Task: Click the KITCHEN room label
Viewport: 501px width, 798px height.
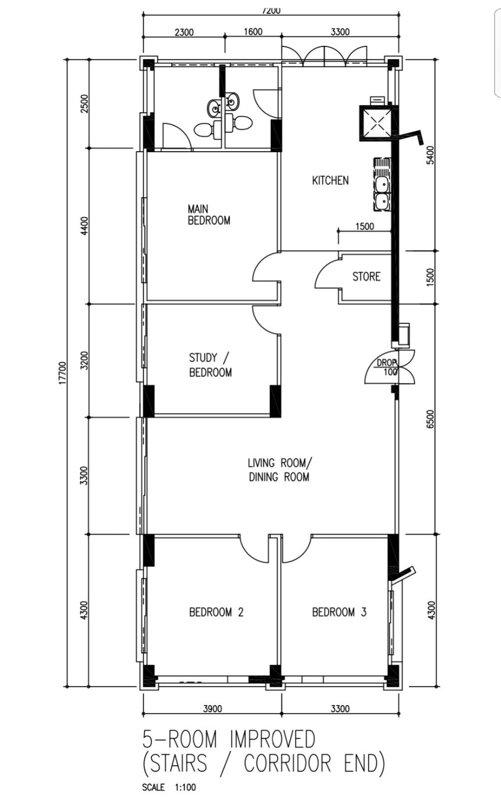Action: [330, 181]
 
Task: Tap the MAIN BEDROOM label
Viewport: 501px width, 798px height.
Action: [209, 214]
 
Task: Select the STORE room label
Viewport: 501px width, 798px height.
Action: [366, 276]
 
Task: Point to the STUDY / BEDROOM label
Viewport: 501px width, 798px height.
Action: [210, 365]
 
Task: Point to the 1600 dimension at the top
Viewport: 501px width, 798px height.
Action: [253, 32]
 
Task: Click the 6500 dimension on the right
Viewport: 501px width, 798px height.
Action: [431, 419]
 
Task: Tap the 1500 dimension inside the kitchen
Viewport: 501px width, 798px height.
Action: [365, 226]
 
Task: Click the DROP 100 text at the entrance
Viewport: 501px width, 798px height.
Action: [387, 367]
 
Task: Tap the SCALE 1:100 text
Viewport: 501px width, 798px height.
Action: [169, 787]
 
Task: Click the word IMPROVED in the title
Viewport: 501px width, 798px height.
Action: [272, 739]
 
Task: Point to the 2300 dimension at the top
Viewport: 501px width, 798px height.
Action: [184, 32]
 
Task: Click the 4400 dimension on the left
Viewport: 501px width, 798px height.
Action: [84, 226]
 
